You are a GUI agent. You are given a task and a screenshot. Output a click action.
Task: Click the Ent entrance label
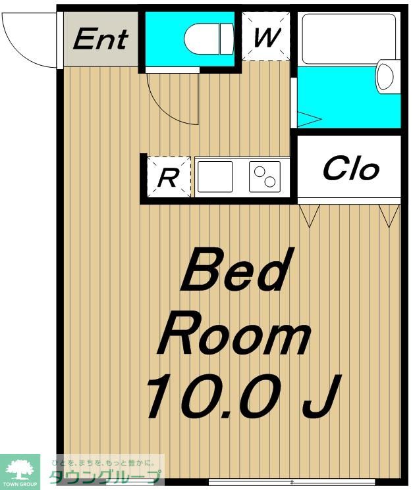pos(101,39)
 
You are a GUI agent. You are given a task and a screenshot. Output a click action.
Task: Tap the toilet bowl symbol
pos(209,39)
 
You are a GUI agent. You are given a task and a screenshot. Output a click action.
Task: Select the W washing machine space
pos(266,36)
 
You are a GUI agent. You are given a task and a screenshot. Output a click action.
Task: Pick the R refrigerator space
pos(169,177)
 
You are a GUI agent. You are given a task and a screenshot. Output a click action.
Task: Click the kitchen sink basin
pos(215,176)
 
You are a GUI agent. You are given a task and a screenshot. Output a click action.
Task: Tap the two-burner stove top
pos(265,176)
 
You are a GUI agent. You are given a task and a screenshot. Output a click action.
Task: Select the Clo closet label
pos(350,169)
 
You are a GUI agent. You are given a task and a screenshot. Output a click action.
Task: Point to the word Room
pos(234,339)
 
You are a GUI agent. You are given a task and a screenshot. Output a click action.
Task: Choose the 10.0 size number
pos(213,396)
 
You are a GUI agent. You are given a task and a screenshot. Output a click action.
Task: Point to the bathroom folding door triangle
pos(309,119)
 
